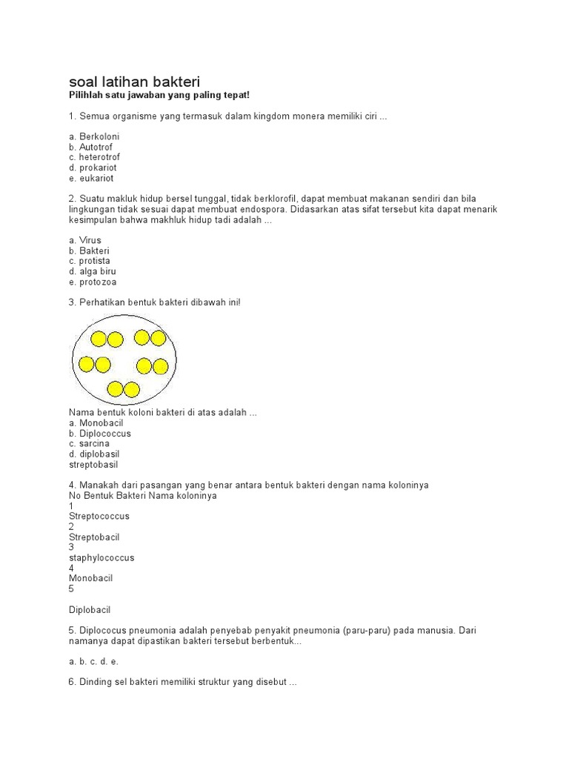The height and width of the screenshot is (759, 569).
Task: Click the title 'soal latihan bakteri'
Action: [x=134, y=81]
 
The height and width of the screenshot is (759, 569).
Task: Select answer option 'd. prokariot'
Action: [x=93, y=168]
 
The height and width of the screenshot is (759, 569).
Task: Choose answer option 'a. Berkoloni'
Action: [x=94, y=137]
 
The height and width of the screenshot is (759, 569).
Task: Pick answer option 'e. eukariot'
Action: [x=91, y=179]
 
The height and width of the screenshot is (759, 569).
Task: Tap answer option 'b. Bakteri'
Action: [x=89, y=251]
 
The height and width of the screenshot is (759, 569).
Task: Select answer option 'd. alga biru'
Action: [x=93, y=271]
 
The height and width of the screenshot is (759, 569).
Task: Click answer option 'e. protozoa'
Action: [x=93, y=282]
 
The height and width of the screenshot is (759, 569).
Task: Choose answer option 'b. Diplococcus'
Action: [x=100, y=433]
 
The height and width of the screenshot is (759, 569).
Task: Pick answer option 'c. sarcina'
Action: [x=89, y=443]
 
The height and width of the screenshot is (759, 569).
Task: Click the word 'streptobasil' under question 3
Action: [x=93, y=464]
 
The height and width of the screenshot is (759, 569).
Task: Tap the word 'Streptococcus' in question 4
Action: [x=99, y=516]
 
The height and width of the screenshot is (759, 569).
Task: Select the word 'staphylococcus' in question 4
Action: [x=102, y=557]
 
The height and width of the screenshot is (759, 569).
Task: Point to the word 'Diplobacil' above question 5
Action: [x=90, y=609]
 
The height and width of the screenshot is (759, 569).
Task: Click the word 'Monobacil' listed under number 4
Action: [x=91, y=578]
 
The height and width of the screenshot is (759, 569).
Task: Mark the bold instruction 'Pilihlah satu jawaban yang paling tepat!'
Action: [x=159, y=96]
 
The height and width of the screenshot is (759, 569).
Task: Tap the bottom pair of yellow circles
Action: [x=123, y=389]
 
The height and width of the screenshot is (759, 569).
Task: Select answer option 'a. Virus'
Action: [x=85, y=240]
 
